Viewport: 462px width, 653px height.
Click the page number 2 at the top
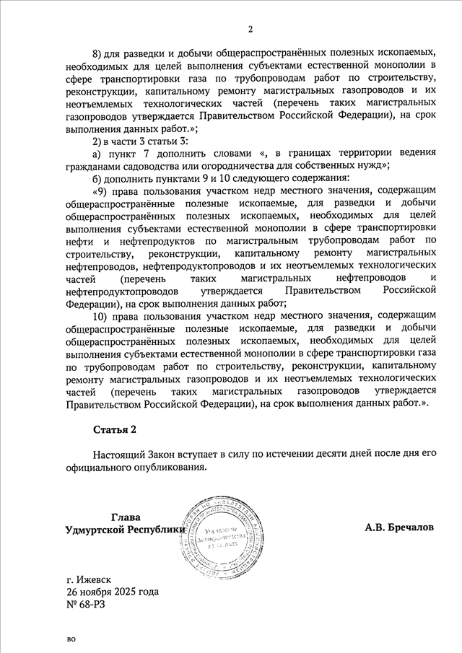click(250, 30)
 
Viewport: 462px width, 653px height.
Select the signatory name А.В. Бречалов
click(399, 527)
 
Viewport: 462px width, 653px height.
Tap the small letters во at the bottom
click(71, 639)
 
